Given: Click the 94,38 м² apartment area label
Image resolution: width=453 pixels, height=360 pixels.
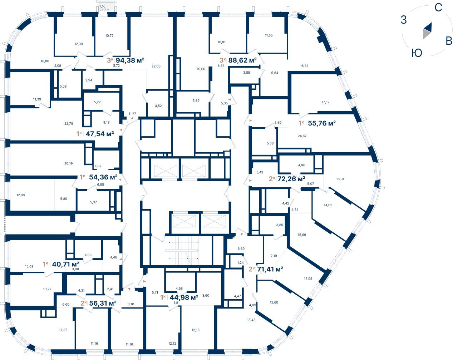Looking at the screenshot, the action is pos(130,60).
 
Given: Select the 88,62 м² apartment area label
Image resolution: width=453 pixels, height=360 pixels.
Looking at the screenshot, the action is pos(242,60).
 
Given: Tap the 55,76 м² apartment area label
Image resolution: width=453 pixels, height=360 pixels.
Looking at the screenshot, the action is pos(321,123).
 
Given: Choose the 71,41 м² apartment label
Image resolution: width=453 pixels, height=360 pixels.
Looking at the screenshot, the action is pos(270,269).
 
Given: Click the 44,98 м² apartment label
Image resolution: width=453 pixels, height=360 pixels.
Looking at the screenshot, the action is pos(184,297).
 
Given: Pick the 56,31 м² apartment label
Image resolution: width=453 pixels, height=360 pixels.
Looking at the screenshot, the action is pos(103,303).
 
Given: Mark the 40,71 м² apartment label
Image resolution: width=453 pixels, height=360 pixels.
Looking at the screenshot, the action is pos(65,264).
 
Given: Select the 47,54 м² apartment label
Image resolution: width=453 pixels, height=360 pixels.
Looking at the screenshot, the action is pos(99,134).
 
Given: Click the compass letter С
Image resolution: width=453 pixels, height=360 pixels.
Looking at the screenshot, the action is pos(438,8).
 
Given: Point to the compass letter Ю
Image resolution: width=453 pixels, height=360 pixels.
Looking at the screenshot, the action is pos(417,53).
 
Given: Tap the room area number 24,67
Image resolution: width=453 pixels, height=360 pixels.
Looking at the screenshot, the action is pos(302,136).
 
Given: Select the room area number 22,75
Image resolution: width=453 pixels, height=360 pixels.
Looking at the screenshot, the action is pos(69,124).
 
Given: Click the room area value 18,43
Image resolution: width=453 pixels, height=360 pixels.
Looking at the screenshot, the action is pos(251,320).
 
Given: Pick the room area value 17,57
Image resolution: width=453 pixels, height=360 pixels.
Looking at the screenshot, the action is pos(63,330).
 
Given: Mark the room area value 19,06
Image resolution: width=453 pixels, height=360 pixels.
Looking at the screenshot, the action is pos(201,69).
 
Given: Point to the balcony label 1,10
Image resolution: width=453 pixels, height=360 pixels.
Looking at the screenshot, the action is pos(102,6).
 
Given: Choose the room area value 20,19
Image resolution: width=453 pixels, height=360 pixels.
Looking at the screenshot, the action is pos(68,163).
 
